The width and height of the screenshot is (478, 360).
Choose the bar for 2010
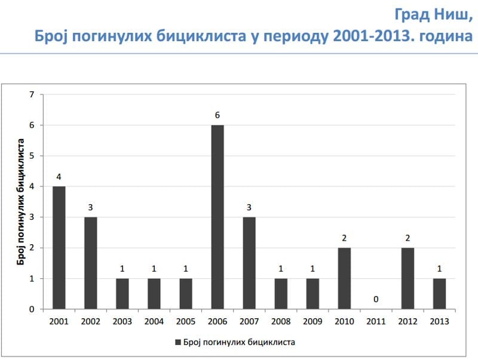(x=344, y=278)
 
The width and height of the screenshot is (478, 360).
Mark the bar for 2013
(x=439, y=294)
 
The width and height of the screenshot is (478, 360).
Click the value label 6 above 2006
(x=217, y=115)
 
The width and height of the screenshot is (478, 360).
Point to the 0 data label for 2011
(x=376, y=299)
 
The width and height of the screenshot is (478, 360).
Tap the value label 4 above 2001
(x=59, y=176)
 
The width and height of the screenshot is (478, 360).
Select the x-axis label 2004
(x=154, y=321)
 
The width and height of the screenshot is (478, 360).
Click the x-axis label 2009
(x=312, y=321)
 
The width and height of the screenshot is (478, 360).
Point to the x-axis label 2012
(x=407, y=321)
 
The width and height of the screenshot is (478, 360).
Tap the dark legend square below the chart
(x=178, y=342)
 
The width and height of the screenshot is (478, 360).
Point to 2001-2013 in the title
(x=372, y=36)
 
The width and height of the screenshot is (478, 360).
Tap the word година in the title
(x=446, y=36)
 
